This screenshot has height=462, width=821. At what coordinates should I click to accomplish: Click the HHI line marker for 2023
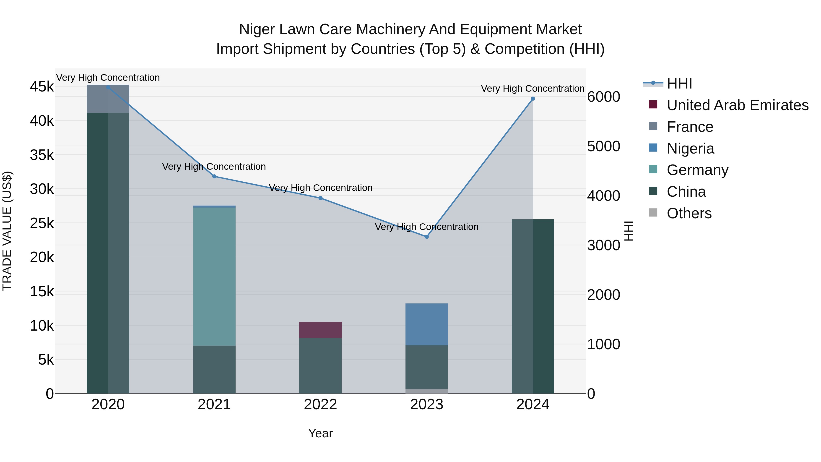(x=426, y=237)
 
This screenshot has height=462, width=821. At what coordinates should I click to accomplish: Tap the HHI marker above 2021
(x=214, y=176)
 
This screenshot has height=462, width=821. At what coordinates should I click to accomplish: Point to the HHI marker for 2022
(x=320, y=198)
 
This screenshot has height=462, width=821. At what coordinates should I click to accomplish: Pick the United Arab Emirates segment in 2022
(x=320, y=330)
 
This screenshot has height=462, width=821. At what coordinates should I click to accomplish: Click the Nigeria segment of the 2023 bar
(x=426, y=324)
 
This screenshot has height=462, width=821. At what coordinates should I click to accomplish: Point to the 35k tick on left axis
(x=42, y=155)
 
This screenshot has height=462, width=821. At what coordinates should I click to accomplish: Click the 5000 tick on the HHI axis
(x=603, y=146)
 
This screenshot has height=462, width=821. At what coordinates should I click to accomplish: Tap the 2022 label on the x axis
(x=320, y=405)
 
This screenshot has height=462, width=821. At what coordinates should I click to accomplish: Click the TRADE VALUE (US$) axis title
(x=7, y=231)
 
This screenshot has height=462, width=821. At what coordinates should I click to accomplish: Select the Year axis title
(x=320, y=433)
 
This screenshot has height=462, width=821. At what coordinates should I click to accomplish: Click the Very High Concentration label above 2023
(x=426, y=227)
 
